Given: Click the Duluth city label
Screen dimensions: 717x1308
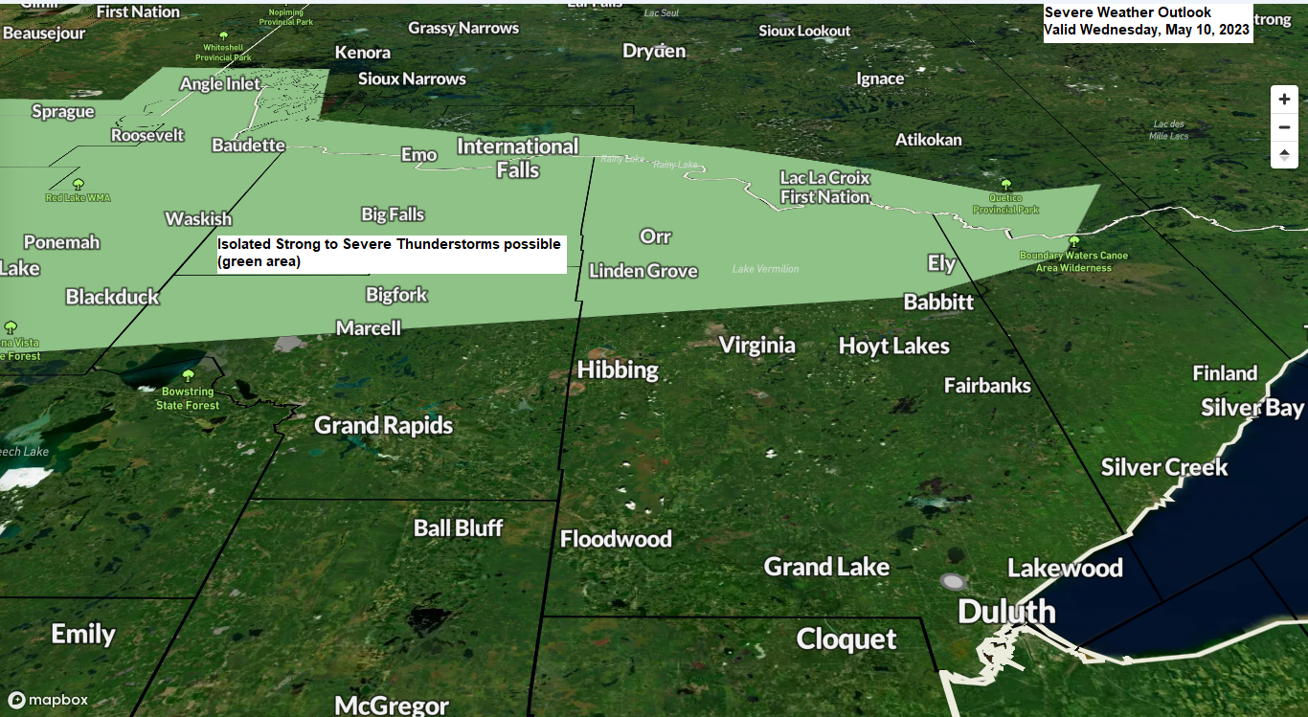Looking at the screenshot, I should pos(1006,612).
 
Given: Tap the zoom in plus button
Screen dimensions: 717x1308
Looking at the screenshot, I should pos(1284,100).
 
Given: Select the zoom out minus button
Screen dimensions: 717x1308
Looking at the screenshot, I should pos(1284,127).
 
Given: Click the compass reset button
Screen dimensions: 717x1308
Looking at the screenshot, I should pos(1284,154).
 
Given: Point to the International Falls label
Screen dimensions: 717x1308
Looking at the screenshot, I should pos(517,158).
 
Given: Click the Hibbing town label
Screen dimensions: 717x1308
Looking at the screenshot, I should pos(618,370).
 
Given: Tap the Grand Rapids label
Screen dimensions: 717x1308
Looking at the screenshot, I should pos(383,425).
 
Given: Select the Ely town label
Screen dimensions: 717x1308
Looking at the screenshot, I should pos(941,263).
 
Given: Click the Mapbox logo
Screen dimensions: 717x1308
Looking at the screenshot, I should pos(49,700).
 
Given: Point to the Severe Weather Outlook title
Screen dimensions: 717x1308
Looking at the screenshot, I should pos(1127,12).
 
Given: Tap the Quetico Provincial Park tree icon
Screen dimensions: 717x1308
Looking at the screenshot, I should pos(1005,184).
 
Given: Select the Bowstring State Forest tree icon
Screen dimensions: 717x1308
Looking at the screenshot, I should pos(188,375).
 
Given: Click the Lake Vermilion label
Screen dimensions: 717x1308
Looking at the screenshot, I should pos(765,269).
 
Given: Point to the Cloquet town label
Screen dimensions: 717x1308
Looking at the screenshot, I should pos(846,639).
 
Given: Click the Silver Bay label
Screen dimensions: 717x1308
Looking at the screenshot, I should pos(1252,408).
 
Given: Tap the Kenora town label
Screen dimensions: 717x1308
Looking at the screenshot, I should pos(362,53).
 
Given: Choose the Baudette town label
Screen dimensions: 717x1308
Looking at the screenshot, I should pos(248,146).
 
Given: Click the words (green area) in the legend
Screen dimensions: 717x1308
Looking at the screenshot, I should pos(259,261).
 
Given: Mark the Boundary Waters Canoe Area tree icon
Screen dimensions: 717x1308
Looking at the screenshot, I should pos(1073,242).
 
